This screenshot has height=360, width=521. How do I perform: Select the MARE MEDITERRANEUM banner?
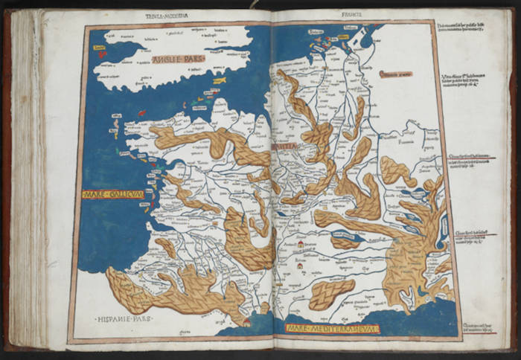(325, 327)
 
